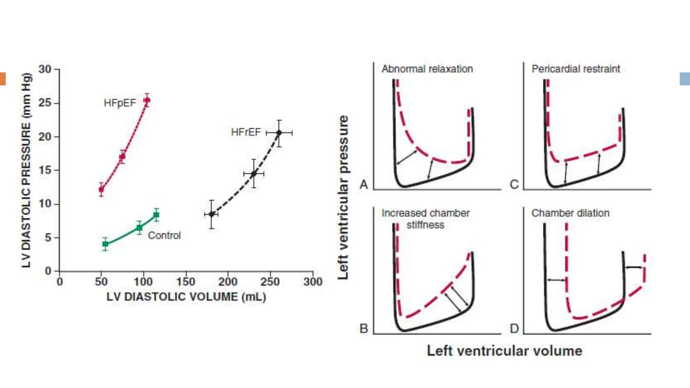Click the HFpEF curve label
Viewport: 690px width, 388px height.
point(120,103)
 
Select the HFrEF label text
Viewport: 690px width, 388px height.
point(246,132)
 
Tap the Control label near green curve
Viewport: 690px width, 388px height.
point(164,235)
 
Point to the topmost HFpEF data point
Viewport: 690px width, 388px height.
point(147,100)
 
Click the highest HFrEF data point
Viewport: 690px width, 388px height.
point(279,133)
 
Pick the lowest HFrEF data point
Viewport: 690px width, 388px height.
point(212,214)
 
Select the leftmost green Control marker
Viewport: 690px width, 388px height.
point(105,244)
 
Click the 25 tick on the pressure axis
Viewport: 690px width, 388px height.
point(45,103)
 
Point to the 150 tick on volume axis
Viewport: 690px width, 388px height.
point(186,282)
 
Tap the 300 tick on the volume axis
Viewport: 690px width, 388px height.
point(313,282)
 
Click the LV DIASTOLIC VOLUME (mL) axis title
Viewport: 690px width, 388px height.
point(186,297)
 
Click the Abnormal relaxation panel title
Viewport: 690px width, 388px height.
point(427,69)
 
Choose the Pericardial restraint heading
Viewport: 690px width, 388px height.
point(575,69)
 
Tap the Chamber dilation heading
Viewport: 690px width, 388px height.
point(570,213)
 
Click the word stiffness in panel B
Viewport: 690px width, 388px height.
point(425,225)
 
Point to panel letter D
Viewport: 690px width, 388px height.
point(514,328)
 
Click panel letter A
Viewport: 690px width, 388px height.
point(364,184)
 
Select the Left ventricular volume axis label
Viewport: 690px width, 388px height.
point(504,351)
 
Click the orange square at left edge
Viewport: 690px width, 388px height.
point(3,79)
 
